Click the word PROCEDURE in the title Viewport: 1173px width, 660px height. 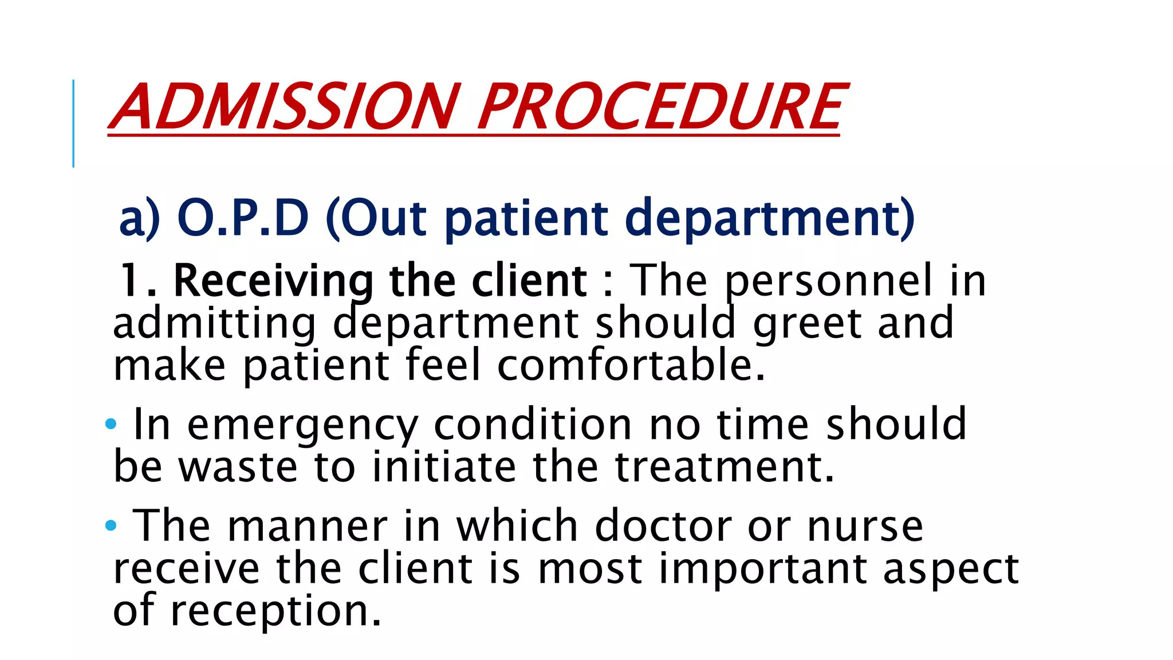pyautogui.click(x=661, y=107)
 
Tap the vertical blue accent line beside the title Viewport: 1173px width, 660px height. pyautogui.click(x=73, y=123)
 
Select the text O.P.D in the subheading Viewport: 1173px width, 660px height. pyautogui.click(x=243, y=218)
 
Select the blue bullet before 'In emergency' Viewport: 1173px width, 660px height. pyautogui.click(x=111, y=425)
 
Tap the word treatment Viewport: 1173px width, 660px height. pyautogui.click(x=724, y=467)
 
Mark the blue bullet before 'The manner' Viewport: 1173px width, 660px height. pyautogui.click(x=111, y=525)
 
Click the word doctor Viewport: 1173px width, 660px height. pyautogui.click(x=663, y=526)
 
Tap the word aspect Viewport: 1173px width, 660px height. pyautogui.click(x=951, y=571)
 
